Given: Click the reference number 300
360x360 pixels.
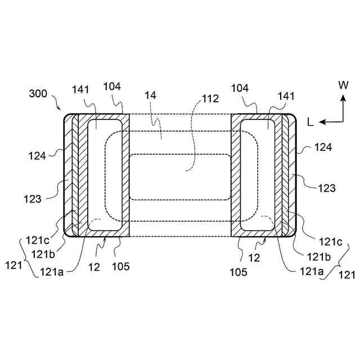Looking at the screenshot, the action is (38, 94).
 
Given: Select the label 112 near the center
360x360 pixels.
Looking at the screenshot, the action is (210, 99).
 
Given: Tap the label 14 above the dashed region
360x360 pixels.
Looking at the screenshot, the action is (150, 95).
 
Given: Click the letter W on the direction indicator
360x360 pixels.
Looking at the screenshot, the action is (343, 85).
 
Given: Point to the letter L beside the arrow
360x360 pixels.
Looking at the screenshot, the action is (310, 123).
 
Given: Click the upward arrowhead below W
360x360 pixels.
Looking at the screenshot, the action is (343, 98).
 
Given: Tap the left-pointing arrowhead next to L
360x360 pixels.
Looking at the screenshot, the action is (322, 122).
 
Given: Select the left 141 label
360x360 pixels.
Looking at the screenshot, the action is (80, 89).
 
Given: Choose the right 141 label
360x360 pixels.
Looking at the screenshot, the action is (286, 96).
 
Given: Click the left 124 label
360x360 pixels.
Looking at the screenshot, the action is (37, 156).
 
